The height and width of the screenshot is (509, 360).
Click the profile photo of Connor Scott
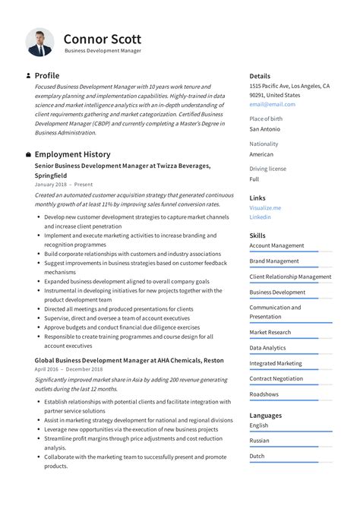pos(39,43)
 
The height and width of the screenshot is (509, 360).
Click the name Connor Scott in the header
pos(102,39)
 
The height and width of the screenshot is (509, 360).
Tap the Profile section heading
pos(47,76)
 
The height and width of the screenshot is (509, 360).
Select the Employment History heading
pos(72,154)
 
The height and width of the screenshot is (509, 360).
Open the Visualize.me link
pos(265,207)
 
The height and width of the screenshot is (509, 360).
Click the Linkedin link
pos(261,217)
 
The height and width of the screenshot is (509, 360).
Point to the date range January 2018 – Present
pos(64,184)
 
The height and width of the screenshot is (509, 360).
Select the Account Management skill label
pos(276,245)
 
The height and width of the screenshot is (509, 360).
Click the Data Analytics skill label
pos(267,348)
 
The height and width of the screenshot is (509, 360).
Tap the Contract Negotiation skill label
pos(276,378)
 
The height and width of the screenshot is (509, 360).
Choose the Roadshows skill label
pos(264,394)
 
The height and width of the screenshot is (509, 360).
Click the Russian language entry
pos(259,440)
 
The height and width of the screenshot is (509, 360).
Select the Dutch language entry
pos(257,456)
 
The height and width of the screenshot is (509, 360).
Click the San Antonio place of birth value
pos(265,129)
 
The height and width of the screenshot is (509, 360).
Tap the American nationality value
pos(262,154)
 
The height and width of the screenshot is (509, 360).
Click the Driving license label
pos(268,169)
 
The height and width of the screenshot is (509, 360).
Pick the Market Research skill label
pos(270,332)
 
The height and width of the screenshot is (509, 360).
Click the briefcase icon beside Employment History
pos(28,154)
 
